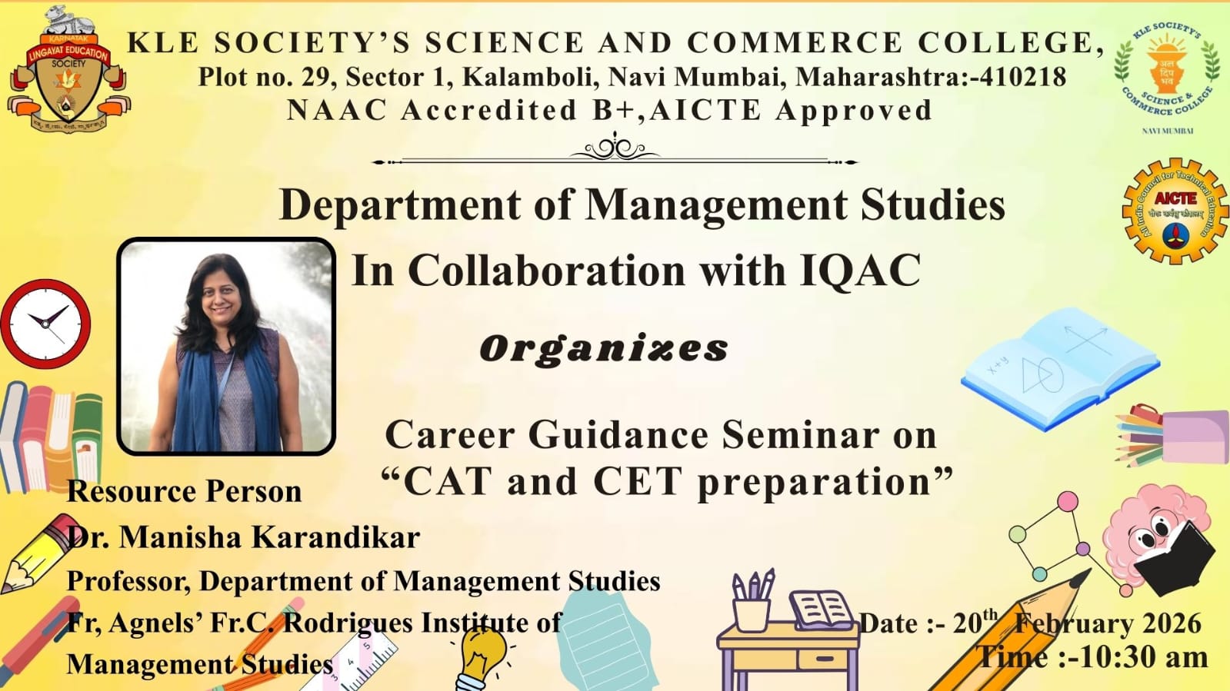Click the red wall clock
pyautogui.click(x=45, y=324)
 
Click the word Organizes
pyautogui.click(x=604, y=349)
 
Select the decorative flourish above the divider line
pyautogui.click(x=615, y=147)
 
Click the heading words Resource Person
pyautogui.click(x=185, y=491)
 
